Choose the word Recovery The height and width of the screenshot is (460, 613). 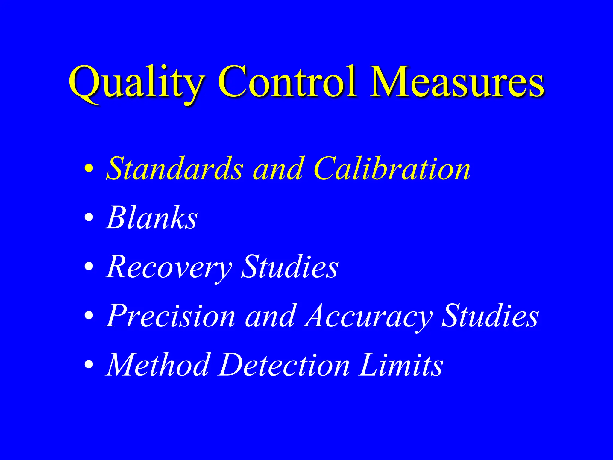coord(169,267)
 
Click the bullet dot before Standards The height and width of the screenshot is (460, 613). coord(89,169)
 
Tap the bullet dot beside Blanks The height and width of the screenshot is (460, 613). coord(89,217)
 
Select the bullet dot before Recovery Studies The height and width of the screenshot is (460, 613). coord(89,266)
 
